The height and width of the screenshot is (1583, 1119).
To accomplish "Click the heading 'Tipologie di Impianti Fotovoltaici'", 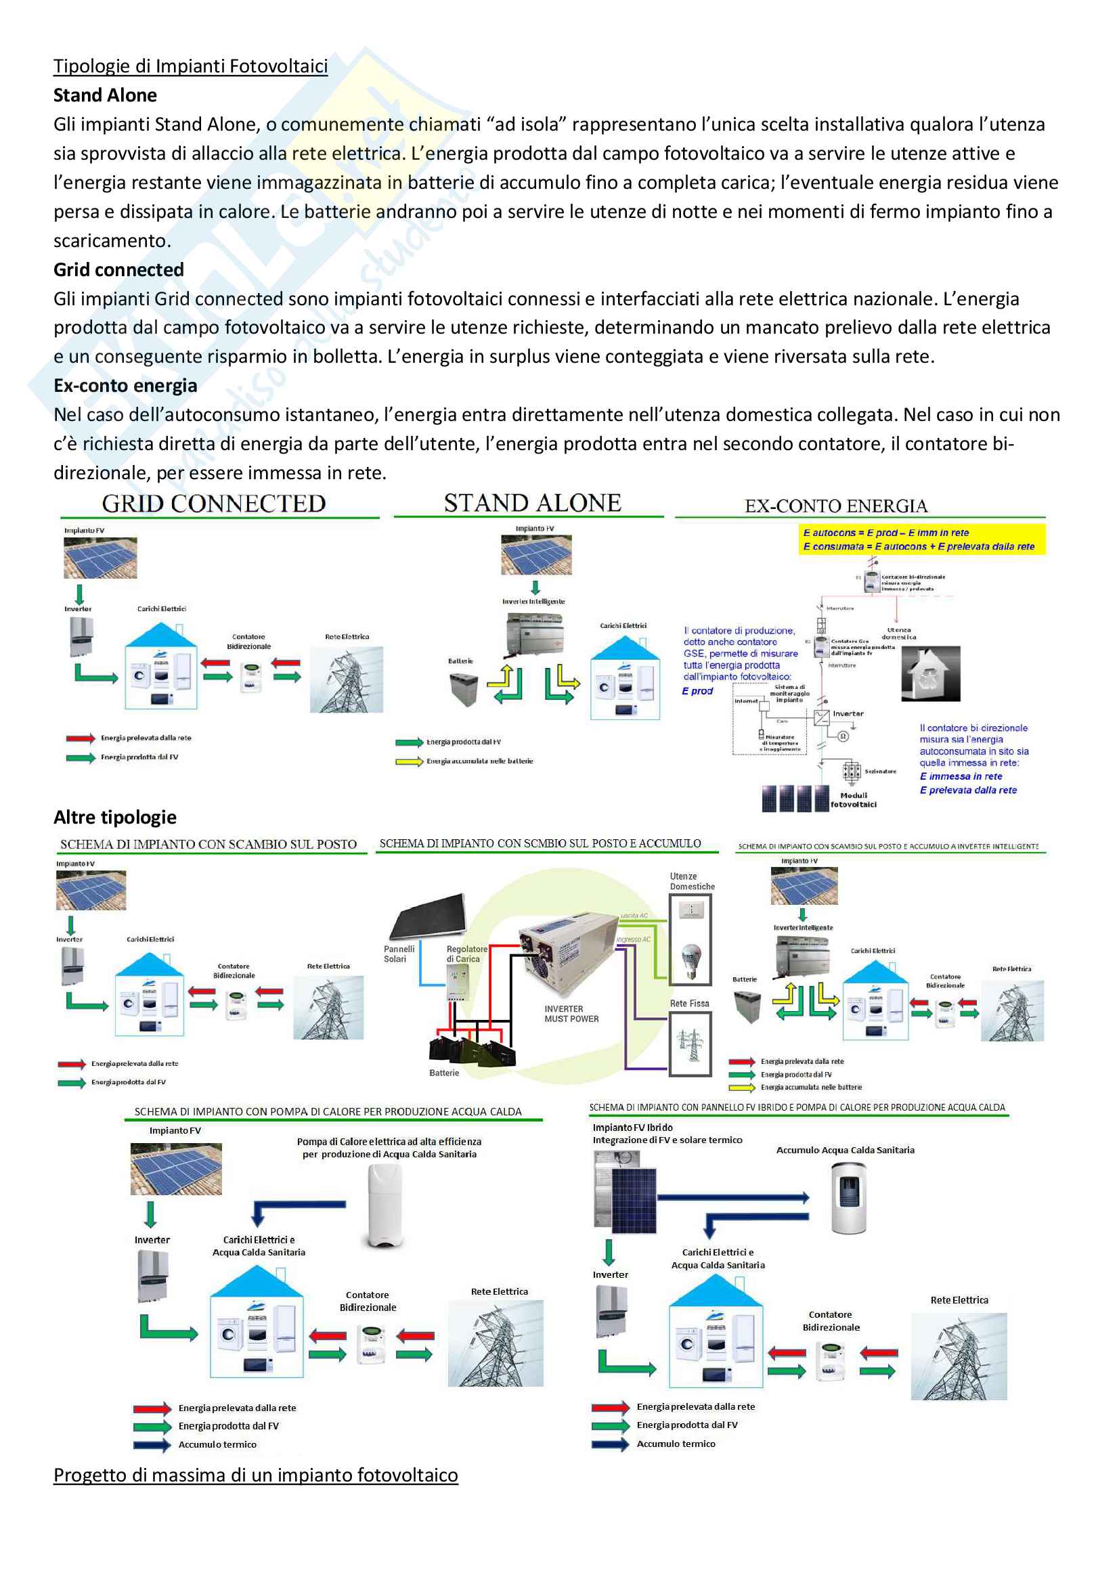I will pyautogui.click(x=190, y=66).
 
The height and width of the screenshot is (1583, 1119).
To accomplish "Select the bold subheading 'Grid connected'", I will pyautogui.click(x=118, y=269).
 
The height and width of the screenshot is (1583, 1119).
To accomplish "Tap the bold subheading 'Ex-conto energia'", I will pyautogui.click(x=125, y=385).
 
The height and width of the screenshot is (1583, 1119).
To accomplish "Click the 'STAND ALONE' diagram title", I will pyautogui.click(x=532, y=504).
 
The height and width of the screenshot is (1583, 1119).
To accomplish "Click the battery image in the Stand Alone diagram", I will pyautogui.click(x=463, y=689).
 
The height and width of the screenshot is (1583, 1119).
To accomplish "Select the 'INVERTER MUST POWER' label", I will pyautogui.click(x=571, y=1014).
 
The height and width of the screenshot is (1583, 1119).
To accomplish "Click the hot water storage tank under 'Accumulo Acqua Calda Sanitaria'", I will pyautogui.click(x=849, y=1198).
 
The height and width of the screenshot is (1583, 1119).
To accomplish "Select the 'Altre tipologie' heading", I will pyautogui.click(x=115, y=817).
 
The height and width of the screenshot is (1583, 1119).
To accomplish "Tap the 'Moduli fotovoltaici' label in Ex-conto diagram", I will pyautogui.click(x=854, y=800).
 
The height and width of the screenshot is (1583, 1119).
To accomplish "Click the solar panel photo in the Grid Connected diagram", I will pyautogui.click(x=100, y=557).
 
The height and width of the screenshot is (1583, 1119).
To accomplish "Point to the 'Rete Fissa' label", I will pyautogui.click(x=689, y=1003).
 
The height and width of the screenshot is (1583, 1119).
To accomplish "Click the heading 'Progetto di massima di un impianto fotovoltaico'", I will pyautogui.click(x=256, y=1475).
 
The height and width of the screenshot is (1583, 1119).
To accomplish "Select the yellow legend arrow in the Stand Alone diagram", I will pyautogui.click(x=409, y=761).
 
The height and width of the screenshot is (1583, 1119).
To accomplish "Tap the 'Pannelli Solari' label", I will pyautogui.click(x=399, y=954).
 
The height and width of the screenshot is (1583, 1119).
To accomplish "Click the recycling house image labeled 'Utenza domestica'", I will pyautogui.click(x=930, y=673).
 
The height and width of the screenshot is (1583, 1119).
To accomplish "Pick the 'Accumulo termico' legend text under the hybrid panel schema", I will pyautogui.click(x=676, y=1443).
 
